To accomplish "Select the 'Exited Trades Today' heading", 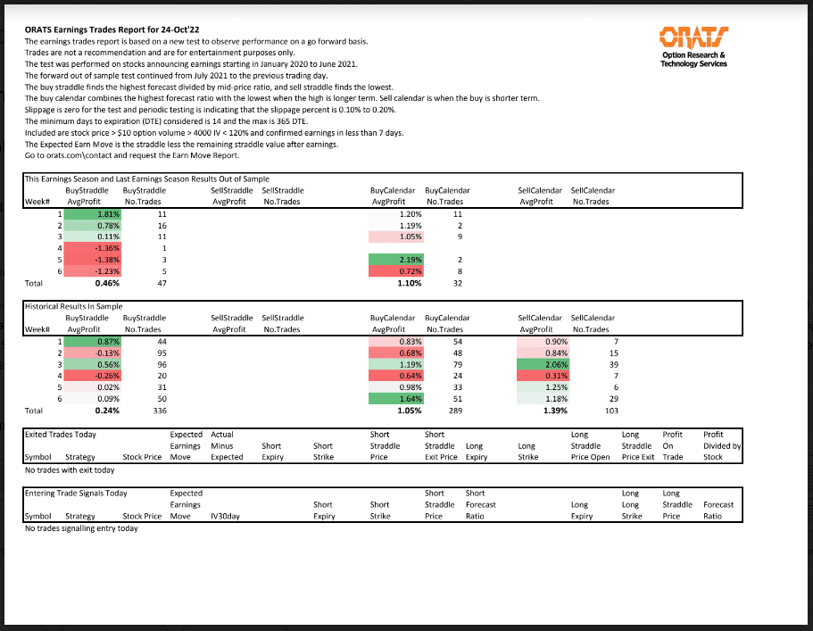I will click(61, 435).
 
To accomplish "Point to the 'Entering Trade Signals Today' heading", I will click(76, 493).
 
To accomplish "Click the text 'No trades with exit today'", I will click(70, 469).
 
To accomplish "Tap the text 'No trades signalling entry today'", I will click(81, 528).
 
